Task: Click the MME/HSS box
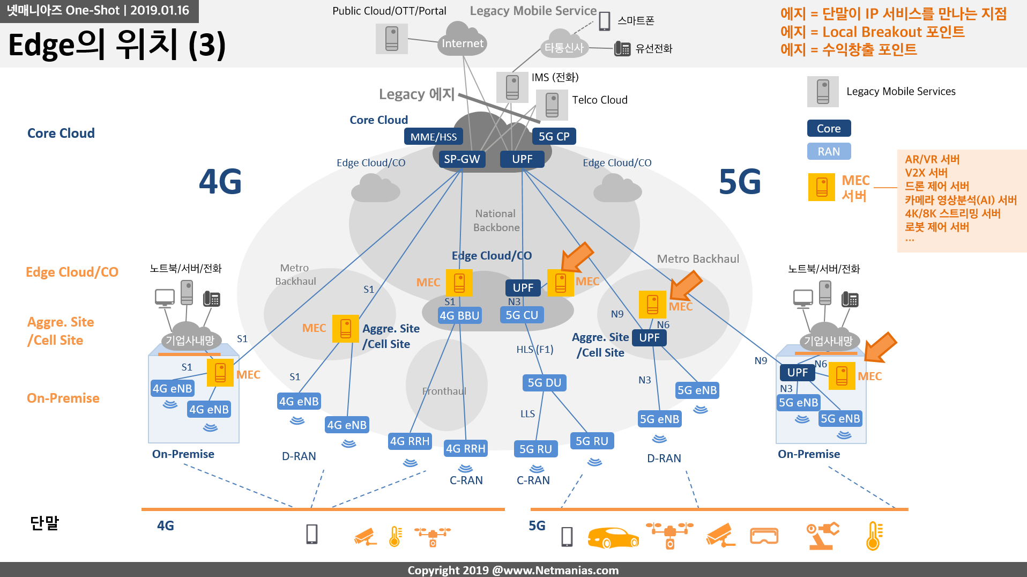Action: tap(434, 137)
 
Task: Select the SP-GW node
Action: tap(462, 159)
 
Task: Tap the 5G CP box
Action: tap(554, 136)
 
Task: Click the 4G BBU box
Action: tap(459, 315)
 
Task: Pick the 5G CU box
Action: tap(522, 315)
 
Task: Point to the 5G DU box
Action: tap(545, 382)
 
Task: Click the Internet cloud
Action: tap(462, 41)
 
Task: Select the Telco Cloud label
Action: tap(600, 100)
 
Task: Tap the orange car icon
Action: tap(613, 537)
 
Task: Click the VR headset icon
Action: tap(764, 536)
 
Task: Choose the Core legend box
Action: tap(829, 128)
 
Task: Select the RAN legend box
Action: tap(829, 151)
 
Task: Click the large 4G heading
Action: tap(220, 181)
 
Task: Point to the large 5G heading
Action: tap(740, 181)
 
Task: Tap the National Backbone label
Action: tap(496, 220)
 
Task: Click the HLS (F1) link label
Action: tap(535, 350)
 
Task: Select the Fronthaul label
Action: tap(444, 391)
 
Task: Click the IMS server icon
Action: tap(512, 87)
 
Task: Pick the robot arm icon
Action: tap(822, 536)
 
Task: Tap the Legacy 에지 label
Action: tap(417, 94)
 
